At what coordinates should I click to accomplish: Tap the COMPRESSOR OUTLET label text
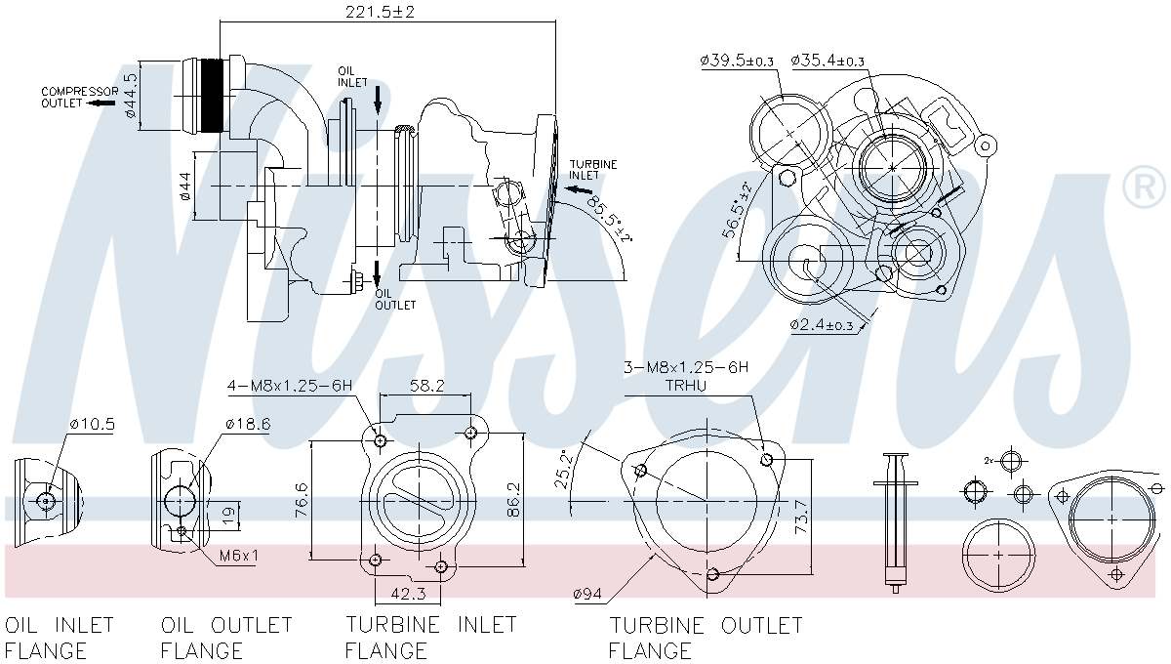79,97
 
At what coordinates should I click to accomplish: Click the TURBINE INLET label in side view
593,170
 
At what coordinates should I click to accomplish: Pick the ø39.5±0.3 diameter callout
737,61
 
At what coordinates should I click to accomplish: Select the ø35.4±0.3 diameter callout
828,61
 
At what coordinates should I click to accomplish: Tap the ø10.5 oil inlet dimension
92,424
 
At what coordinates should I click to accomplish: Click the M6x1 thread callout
239,556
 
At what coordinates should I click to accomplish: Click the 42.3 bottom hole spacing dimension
408,592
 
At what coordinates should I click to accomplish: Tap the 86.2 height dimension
514,498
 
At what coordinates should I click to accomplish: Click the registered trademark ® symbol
1144,187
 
